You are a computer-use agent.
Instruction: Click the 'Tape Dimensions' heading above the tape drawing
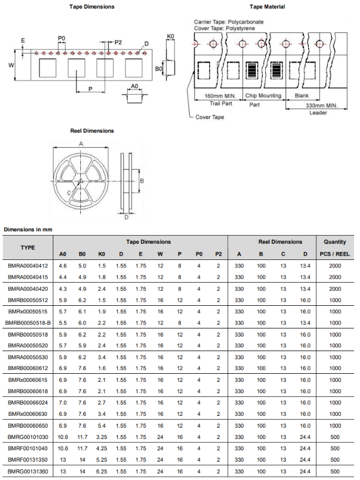click(92, 6)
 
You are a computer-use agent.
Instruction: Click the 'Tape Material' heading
click(267, 6)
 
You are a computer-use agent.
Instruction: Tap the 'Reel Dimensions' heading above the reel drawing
click(92, 131)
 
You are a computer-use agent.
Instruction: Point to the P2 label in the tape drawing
click(118, 42)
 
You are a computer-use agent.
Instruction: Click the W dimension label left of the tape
click(11, 65)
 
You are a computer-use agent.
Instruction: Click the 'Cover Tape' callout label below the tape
click(210, 117)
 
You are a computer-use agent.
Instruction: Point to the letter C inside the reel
click(69, 192)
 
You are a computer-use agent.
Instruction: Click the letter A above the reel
click(81, 144)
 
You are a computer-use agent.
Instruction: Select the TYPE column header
click(28, 248)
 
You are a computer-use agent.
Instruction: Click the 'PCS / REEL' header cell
click(335, 254)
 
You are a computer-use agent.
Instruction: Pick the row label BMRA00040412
click(28, 265)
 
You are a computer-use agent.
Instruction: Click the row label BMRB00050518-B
click(28, 323)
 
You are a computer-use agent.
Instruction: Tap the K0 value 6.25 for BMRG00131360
click(102, 472)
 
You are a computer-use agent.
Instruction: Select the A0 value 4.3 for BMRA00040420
click(63, 289)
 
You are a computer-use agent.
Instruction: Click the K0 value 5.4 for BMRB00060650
click(102, 426)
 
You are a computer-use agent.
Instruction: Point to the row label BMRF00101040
click(28, 449)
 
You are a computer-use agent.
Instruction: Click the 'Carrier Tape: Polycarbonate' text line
click(229, 22)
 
